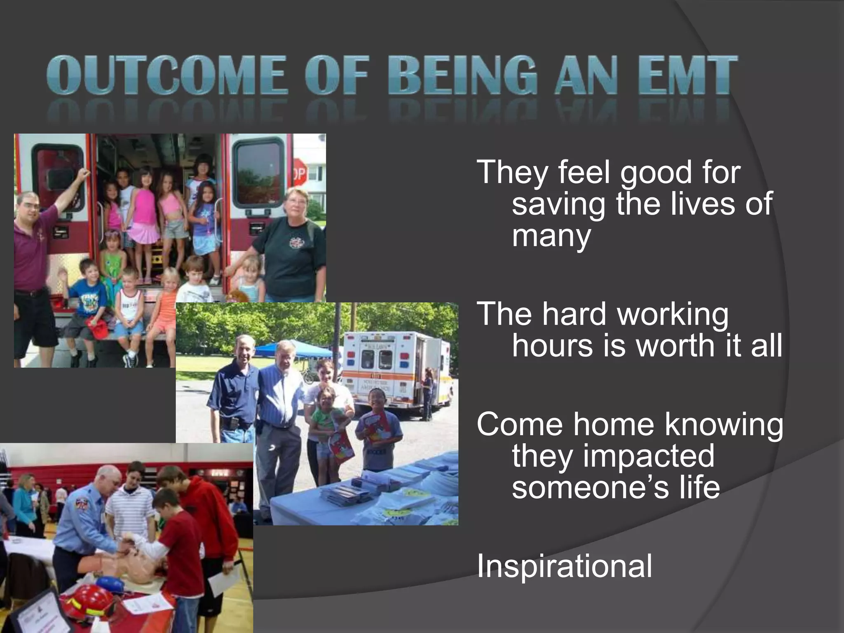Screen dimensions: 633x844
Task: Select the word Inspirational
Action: click(x=564, y=567)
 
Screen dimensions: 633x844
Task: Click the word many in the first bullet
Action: click(x=551, y=236)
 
